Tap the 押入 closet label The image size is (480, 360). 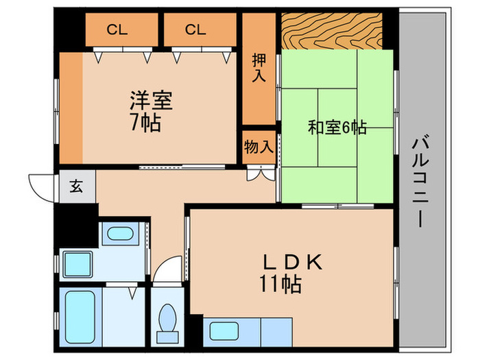pyautogui.click(x=258, y=67)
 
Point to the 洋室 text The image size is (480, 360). pyautogui.click(x=151, y=101)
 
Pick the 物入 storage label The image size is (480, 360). pyautogui.click(x=258, y=146)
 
